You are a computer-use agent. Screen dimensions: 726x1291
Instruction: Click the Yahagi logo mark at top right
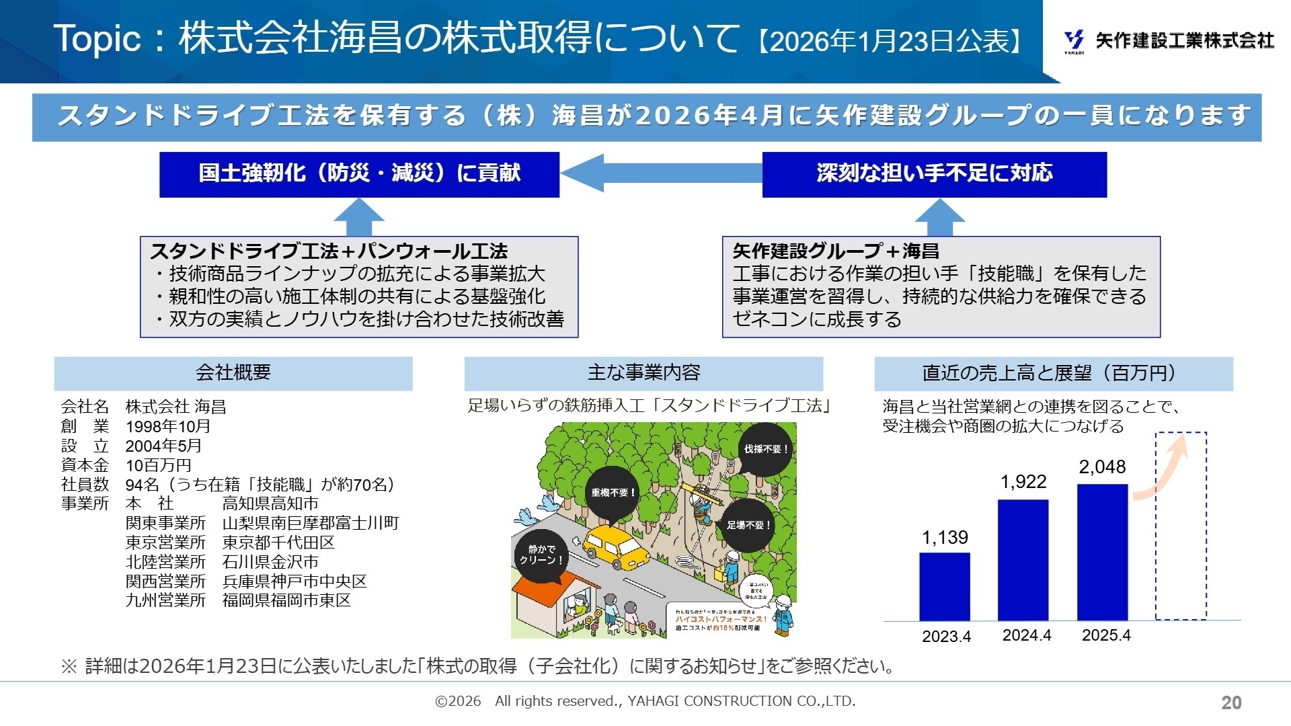[1074, 41]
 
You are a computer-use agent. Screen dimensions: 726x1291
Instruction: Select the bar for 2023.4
[944, 586]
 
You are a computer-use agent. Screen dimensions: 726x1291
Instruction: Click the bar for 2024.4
[1023, 559]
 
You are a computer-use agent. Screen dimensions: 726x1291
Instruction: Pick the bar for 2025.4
[1102, 552]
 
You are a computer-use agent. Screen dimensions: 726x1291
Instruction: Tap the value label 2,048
[1102, 467]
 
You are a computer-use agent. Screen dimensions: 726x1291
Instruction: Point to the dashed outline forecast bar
[1181, 526]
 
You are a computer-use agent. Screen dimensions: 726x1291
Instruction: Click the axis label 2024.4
[1026, 635]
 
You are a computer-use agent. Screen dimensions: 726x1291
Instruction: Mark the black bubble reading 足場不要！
[748, 525]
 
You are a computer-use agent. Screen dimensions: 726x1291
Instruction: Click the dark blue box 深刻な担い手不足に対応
[934, 174]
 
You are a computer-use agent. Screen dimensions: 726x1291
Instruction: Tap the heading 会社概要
[233, 373]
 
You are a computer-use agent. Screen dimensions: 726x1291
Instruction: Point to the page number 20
[1231, 702]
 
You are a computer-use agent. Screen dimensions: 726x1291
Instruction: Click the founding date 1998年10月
[168, 426]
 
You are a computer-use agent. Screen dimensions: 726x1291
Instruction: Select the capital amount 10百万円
[158, 465]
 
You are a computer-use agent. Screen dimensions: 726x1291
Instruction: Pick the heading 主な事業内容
[643, 373]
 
